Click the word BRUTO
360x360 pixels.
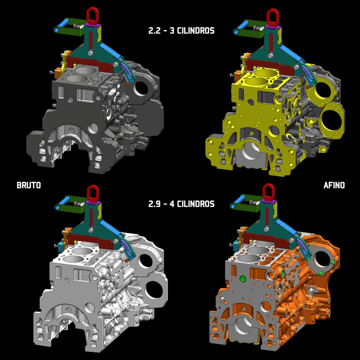click(29, 185)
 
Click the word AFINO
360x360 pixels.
click(334, 185)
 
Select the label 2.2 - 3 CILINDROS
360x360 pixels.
click(181, 31)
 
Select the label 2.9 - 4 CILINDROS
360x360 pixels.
click(181, 204)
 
